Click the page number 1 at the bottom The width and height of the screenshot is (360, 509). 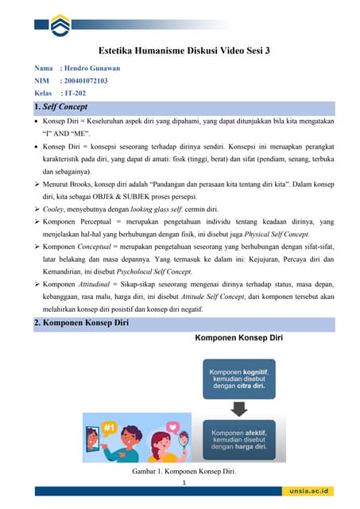click(184, 484)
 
